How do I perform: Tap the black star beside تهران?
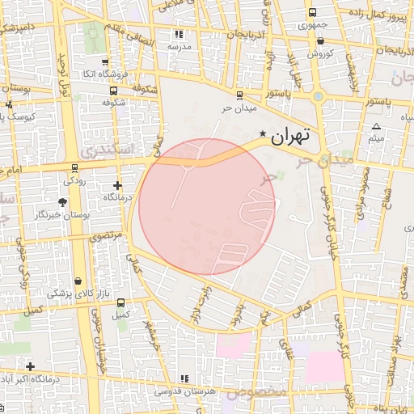tap(262, 133)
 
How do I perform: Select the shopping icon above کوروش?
tap(321, 40)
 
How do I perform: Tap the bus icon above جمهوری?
tap(312, 12)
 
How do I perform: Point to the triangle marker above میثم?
tap(376, 126)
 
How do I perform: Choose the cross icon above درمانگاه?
tap(118, 185)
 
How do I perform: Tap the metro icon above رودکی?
tap(75, 168)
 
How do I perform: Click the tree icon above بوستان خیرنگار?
tap(64, 202)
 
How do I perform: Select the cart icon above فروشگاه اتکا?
tap(104, 61)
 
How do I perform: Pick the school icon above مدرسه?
tap(179, 34)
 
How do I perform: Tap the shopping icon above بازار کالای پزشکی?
tap(77, 281)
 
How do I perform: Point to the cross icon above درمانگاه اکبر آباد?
tap(30, 366)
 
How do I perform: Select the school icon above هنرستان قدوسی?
tap(184, 378)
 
